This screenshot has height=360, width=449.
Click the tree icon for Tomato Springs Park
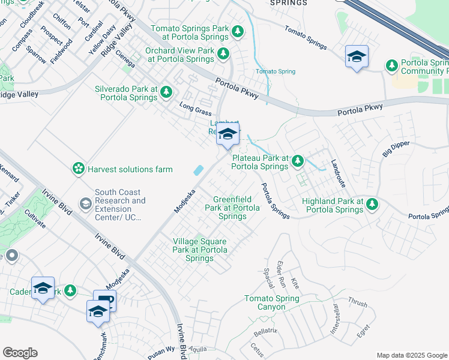238,31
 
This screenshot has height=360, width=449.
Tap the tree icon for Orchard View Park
224,54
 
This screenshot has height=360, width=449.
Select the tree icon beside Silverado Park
166,92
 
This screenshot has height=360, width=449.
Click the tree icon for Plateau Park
297,161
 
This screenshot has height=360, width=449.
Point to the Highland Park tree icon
372,204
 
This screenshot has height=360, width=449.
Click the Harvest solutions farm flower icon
78,169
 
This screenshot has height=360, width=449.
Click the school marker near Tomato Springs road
357,58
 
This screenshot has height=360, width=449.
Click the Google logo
20,353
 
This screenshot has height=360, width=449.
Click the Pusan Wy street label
160,348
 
